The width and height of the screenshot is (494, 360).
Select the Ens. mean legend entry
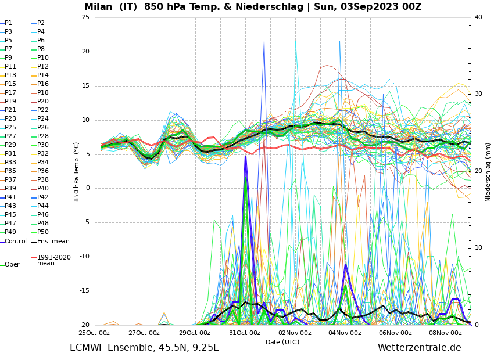53,241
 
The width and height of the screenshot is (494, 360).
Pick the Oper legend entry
12,264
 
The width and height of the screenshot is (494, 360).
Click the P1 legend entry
8,23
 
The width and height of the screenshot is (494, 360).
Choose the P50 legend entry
43,232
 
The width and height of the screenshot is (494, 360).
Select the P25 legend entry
10,128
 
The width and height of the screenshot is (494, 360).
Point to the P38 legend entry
43,180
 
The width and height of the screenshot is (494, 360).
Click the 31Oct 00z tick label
245,333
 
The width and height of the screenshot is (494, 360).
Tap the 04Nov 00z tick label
345,333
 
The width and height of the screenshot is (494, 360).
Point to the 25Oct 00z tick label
94,333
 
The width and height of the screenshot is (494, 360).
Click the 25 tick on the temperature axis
85,17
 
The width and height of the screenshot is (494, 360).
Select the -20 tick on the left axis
84,325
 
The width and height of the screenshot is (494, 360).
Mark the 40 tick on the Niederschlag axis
478,17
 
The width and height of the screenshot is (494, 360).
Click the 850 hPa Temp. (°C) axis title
77,171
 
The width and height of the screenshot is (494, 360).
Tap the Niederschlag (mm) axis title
488,172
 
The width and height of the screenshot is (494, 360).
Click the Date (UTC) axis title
282,342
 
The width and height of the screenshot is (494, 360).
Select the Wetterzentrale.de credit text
419,348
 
